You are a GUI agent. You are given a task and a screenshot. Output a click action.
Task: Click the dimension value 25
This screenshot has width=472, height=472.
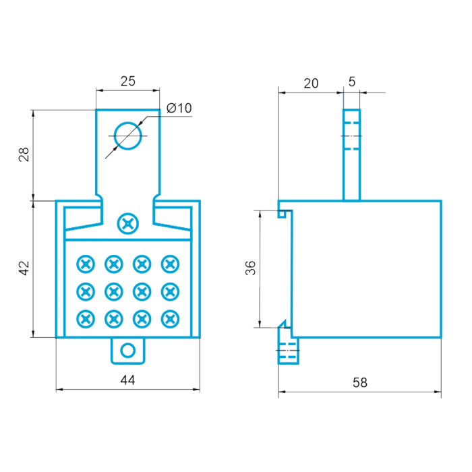128,82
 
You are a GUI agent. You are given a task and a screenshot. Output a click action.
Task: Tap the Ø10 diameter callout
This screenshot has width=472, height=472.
179,108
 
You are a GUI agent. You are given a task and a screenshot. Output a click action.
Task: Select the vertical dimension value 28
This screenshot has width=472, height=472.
24,154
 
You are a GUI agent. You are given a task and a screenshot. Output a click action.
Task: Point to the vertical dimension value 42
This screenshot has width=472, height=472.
24,268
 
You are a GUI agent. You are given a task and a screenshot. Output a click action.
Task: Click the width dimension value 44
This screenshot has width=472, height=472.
127,380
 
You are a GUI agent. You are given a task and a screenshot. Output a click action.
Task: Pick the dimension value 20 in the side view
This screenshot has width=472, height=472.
311,84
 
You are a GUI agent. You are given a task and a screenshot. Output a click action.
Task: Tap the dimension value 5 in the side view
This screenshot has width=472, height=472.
352,82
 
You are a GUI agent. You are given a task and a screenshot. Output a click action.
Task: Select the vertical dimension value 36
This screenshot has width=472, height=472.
250,268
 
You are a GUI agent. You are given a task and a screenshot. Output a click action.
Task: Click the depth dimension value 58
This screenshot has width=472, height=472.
360,382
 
